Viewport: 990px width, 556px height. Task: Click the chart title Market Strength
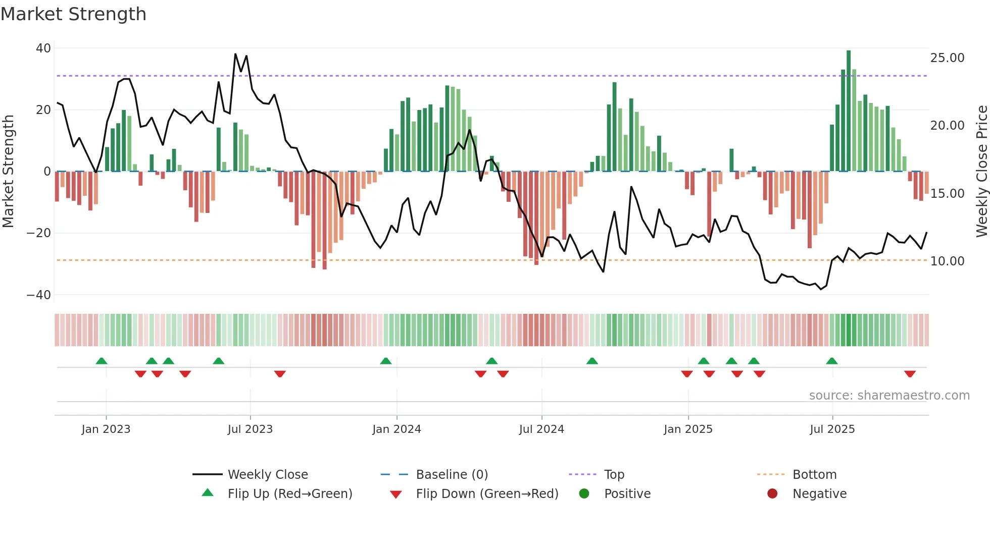tap(73, 14)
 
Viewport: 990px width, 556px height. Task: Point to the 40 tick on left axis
tap(43, 48)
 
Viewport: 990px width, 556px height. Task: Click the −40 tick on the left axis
tap(39, 295)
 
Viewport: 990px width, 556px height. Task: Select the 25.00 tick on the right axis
tap(947, 58)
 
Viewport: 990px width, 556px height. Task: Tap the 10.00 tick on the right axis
tap(947, 261)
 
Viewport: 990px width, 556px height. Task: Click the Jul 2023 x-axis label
tap(250, 429)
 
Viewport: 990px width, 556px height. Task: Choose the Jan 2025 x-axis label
tap(688, 429)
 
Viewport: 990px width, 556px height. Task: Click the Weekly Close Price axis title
tap(981, 172)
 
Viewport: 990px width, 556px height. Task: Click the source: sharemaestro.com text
tap(889, 396)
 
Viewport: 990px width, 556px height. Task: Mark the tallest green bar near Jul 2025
tap(849, 111)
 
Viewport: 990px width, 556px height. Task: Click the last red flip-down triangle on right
tap(910, 374)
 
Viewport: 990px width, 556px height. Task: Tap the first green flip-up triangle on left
tap(102, 361)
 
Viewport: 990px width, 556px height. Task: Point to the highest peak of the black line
tap(235, 54)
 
